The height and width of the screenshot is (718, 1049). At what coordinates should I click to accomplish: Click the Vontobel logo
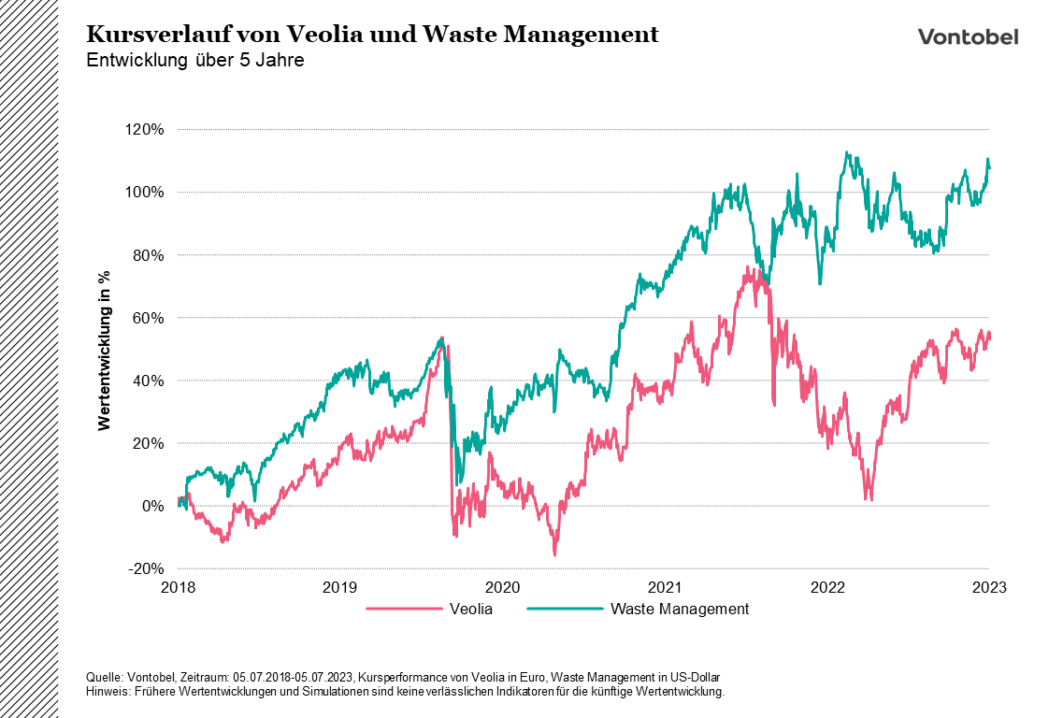point(968,36)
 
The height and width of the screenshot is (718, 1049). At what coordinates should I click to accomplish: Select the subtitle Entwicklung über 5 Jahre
point(194,61)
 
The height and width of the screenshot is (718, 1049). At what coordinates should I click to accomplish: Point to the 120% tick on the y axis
point(144,129)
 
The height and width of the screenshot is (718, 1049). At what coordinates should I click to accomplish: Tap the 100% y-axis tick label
point(144,192)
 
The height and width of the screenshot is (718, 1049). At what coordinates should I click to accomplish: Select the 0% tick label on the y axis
point(151,506)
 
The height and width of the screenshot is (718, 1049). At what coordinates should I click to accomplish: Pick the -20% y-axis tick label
point(146,568)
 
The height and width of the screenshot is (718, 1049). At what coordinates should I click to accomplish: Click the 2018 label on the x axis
point(178,588)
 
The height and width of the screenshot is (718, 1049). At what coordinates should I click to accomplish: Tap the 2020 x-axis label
point(502,588)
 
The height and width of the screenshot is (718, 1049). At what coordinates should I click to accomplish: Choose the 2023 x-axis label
point(989,588)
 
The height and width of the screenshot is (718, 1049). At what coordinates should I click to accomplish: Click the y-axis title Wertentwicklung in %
point(105,349)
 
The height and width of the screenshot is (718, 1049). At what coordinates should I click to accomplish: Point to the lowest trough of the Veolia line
point(554,555)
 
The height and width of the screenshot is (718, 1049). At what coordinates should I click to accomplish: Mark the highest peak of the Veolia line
point(748,266)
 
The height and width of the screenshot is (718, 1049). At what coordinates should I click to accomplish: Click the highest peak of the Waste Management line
point(846,152)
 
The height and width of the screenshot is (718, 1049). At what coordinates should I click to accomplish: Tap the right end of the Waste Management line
point(990,167)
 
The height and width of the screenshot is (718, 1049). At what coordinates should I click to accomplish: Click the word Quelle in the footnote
point(102,677)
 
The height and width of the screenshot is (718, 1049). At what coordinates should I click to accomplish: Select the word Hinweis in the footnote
point(105,692)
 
